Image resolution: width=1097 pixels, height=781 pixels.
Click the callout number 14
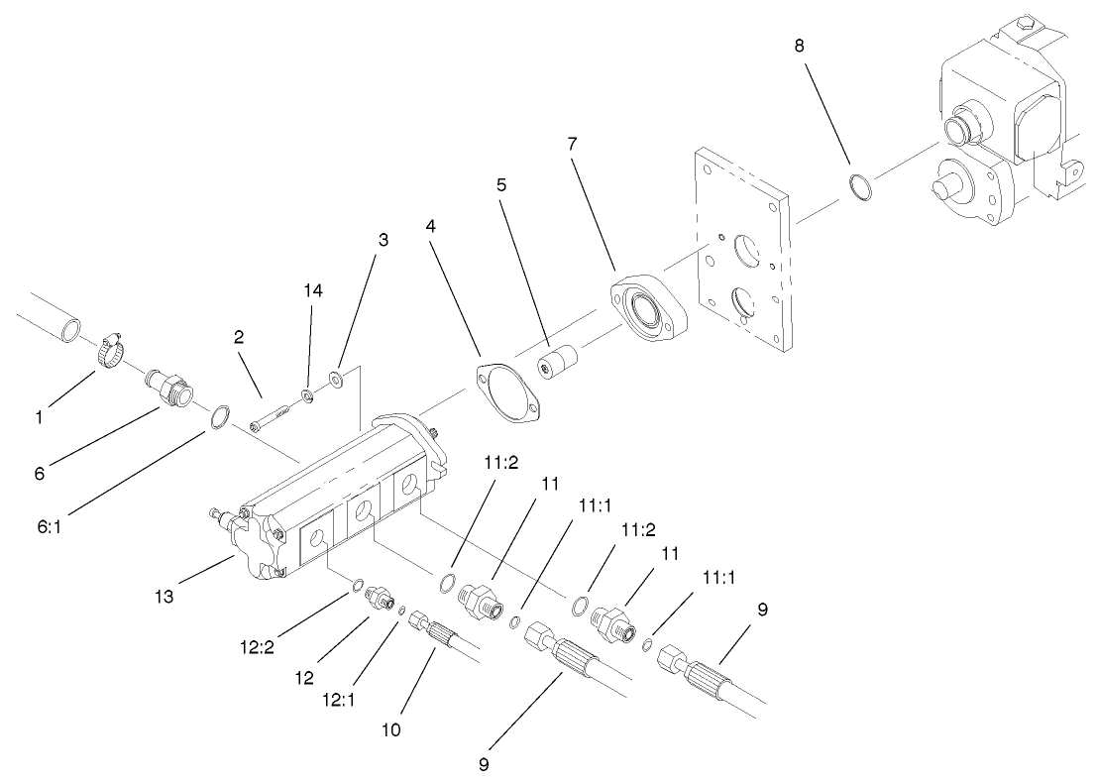(314, 290)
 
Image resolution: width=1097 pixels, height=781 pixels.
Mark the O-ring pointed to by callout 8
(861, 185)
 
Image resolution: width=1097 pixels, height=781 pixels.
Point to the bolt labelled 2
(265, 418)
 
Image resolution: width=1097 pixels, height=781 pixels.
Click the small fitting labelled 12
(378, 599)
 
